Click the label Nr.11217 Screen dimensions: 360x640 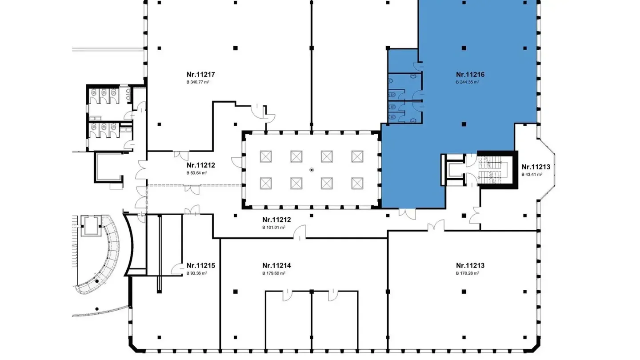pyautogui.click(x=201, y=75)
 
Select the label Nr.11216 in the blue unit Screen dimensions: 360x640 pyautogui.click(x=470, y=75)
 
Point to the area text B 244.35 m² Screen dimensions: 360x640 pyautogui.click(x=467, y=82)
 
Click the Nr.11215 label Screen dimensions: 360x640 pyautogui.click(x=201, y=266)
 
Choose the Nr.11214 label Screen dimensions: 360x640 pyautogui.click(x=276, y=266)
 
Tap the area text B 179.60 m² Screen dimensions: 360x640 pyautogui.click(x=273, y=273)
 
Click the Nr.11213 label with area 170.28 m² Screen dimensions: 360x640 pyautogui.click(x=470, y=266)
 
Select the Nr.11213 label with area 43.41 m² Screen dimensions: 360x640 pyautogui.click(x=536, y=167)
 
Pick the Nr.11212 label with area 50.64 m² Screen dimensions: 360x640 pyautogui.click(x=201, y=165)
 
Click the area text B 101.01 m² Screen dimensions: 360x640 pyautogui.click(x=273, y=227)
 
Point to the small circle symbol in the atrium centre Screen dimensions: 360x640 pyautogui.click(x=312, y=170)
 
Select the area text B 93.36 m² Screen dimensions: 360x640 pyautogui.click(x=196, y=273)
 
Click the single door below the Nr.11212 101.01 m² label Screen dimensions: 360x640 pyautogui.click(x=302, y=232)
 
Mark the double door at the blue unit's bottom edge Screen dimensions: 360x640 pyautogui.click(x=407, y=213)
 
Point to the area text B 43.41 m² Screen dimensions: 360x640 pyautogui.click(x=532, y=175)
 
